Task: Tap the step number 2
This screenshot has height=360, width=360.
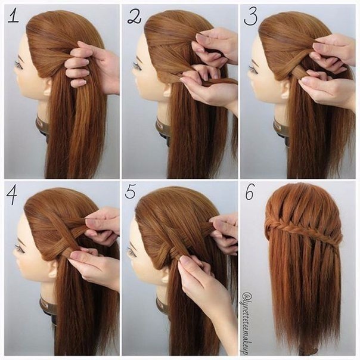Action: click(134, 17)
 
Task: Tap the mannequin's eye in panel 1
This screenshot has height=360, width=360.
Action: click(19, 64)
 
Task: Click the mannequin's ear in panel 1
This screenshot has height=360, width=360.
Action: click(48, 88)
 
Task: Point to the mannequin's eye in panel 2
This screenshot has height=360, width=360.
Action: click(138, 66)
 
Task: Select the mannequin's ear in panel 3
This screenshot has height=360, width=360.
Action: click(284, 89)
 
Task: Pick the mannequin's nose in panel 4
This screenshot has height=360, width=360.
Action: click(15, 257)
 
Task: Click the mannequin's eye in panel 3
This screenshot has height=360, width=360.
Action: click(252, 68)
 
